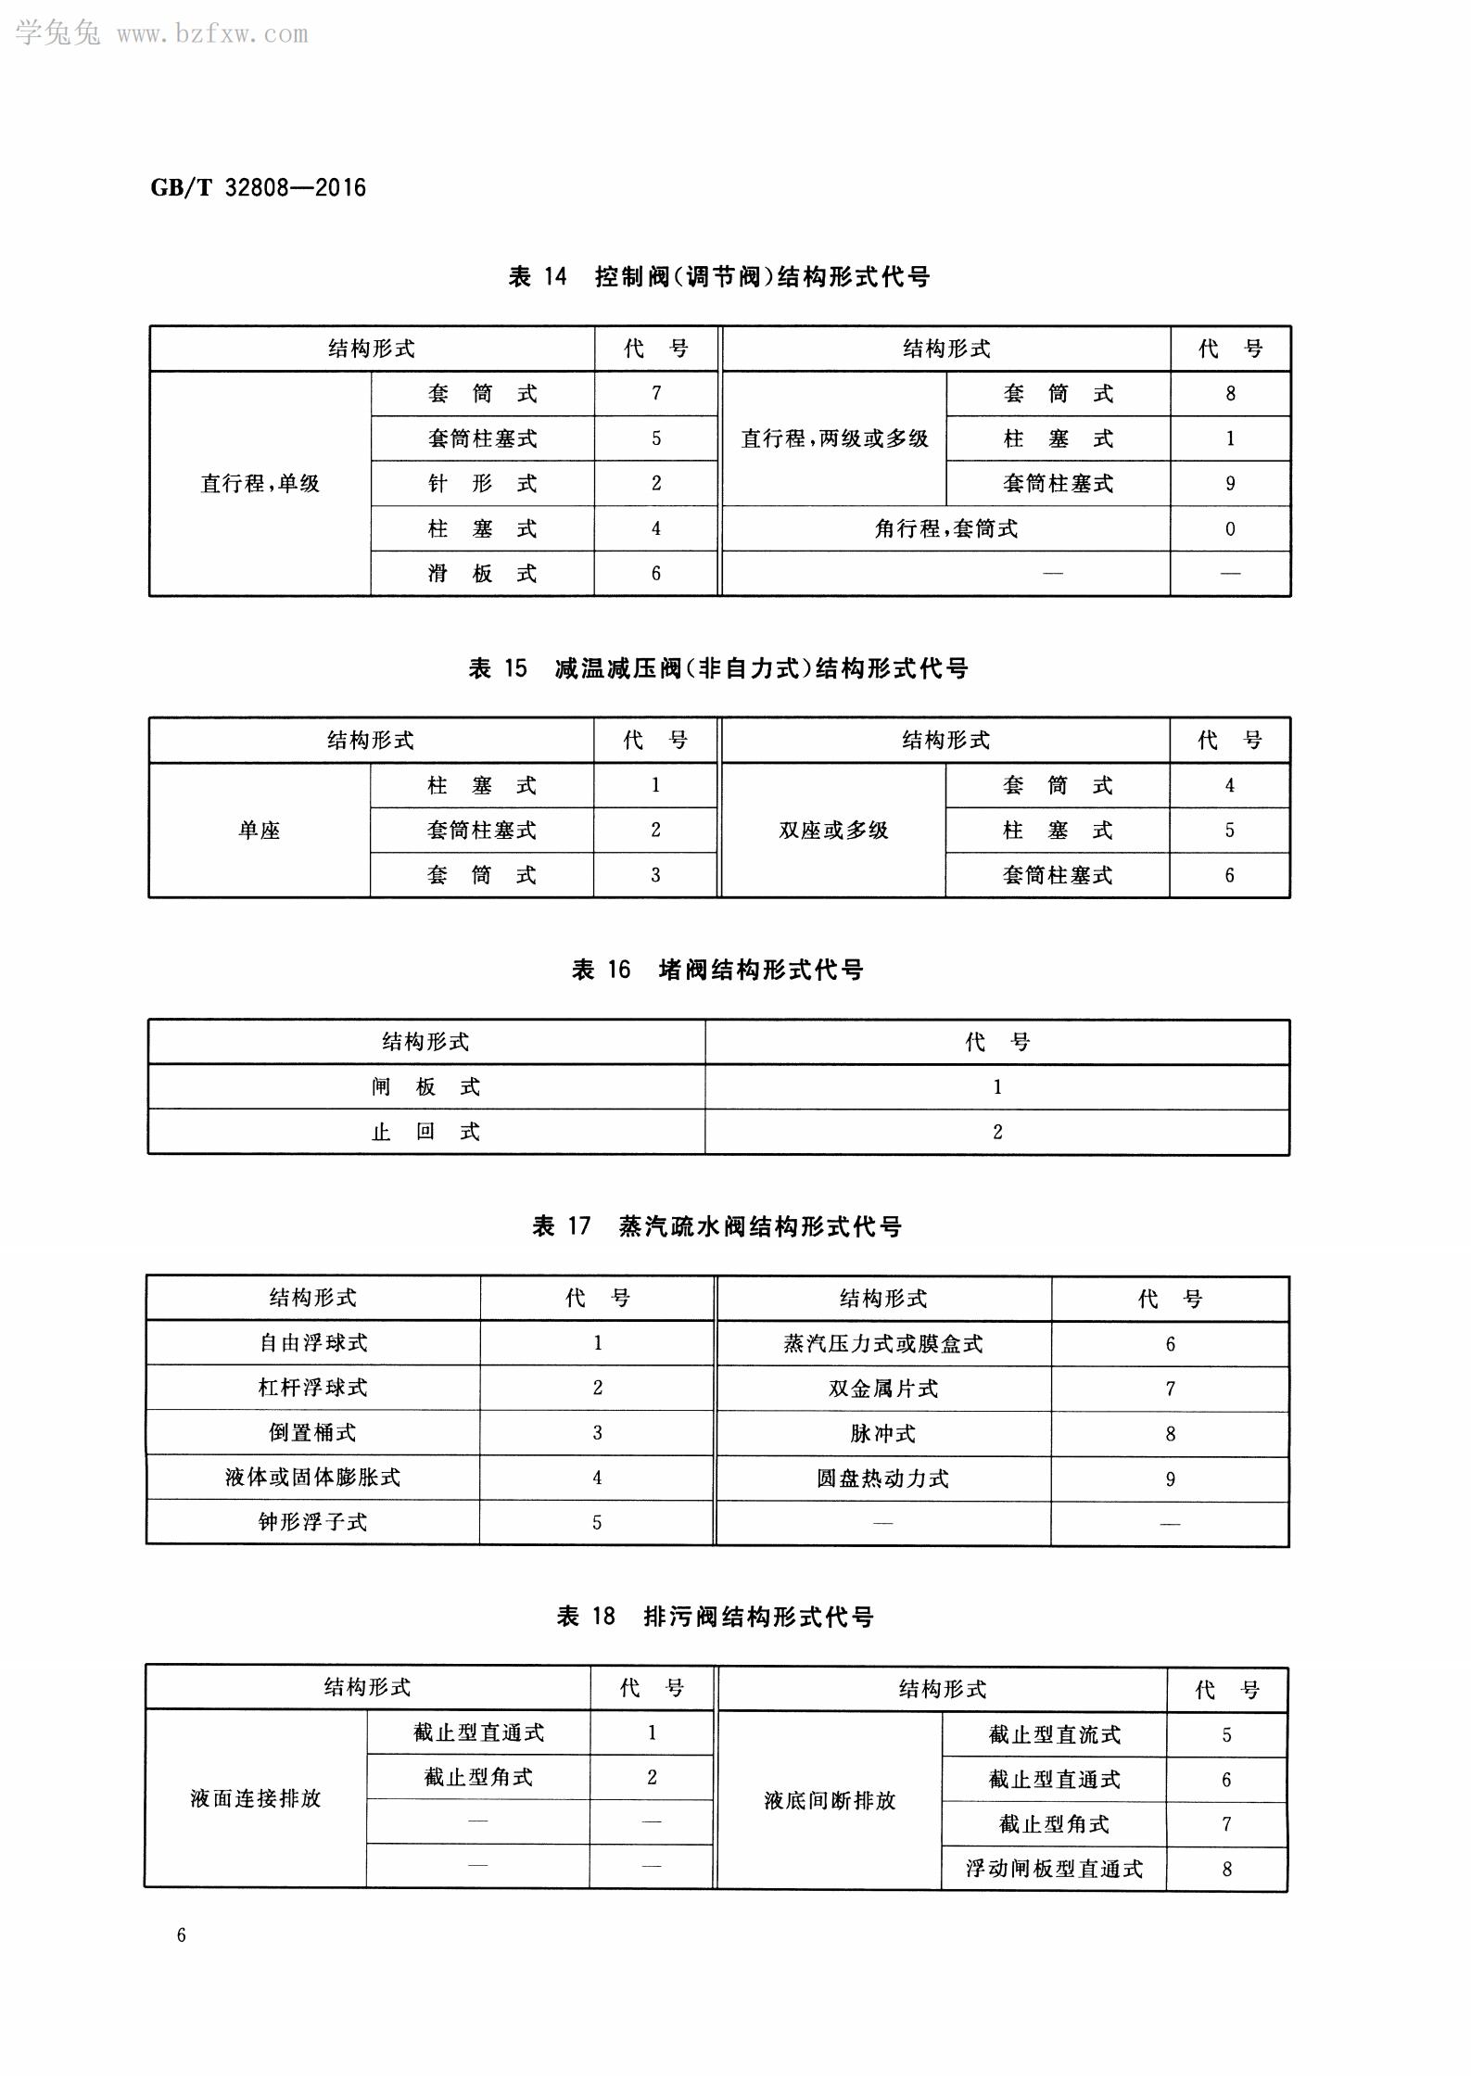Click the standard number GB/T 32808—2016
[258, 188]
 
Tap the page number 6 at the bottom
[181, 1935]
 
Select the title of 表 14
[718, 276]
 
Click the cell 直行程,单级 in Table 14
[260, 484]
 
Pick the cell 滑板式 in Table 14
[482, 574]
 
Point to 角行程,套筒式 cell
[945, 529]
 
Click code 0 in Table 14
[1229, 529]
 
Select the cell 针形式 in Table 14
[482, 484]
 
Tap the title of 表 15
[718, 668]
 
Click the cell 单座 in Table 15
[259, 831]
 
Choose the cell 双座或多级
[833, 831]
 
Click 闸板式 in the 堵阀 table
[425, 1087]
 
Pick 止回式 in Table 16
[425, 1132]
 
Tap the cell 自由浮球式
[312, 1343]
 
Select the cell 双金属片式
[882, 1389]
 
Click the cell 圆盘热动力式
[882, 1478]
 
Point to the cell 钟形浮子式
[312, 1522]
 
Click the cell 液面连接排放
[255, 1799]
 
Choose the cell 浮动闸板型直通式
[1054, 1869]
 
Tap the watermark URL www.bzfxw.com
[212, 34]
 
